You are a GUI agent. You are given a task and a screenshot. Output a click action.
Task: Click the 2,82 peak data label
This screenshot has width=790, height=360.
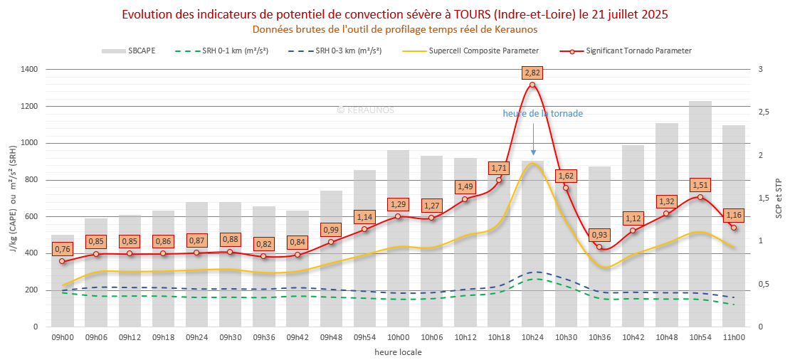click(532, 73)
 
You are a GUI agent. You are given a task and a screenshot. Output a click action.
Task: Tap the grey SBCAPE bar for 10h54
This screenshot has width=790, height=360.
click(700, 213)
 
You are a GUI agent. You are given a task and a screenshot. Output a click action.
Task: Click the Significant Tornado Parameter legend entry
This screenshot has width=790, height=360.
click(638, 51)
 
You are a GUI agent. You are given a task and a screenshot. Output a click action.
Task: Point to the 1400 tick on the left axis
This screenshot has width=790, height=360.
click(29, 70)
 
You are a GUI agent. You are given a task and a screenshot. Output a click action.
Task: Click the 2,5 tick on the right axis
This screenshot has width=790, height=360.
click(764, 112)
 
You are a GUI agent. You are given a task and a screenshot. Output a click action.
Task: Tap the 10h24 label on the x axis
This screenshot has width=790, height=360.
click(532, 337)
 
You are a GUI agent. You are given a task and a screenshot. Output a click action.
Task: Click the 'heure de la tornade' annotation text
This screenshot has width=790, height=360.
click(542, 114)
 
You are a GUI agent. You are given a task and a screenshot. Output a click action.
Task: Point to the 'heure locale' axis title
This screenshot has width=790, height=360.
click(397, 351)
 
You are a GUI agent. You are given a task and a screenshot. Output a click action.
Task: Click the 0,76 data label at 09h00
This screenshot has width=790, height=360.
click(63, 249)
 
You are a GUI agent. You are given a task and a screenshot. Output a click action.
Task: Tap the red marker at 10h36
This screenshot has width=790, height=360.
click(599, 248)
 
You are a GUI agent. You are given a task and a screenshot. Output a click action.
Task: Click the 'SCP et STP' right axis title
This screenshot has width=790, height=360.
click(778, 198)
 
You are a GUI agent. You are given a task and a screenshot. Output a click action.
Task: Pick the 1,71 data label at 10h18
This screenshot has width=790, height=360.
click(499, 168)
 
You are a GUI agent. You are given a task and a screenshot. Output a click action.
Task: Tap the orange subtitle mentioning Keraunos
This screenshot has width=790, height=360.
click(395, 29)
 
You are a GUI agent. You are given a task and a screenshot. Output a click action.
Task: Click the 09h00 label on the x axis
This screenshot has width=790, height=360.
click(63, 337)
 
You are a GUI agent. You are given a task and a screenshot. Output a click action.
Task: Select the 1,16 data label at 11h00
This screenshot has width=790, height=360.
click(734, 215)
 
